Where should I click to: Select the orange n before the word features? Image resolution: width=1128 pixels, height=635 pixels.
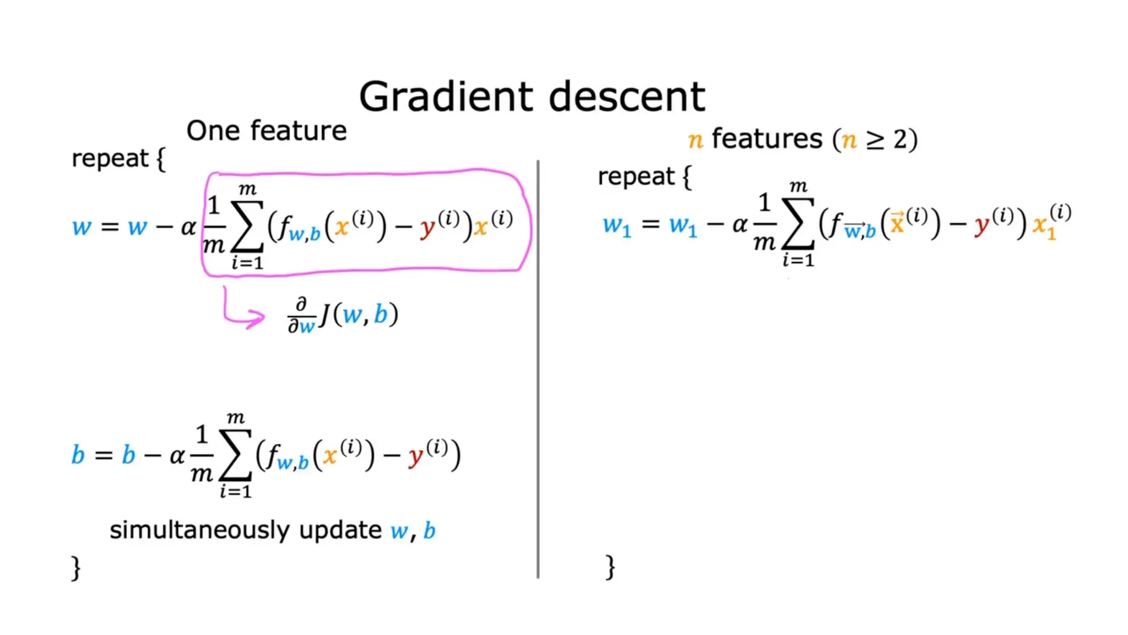(x=696, y=140)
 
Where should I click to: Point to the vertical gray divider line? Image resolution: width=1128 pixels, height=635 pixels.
(x=538, y=369)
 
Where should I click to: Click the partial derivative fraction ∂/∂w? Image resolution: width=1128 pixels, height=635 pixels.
(x=301, y=316)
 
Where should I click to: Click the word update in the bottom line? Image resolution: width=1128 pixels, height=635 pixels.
(x=340, y=530)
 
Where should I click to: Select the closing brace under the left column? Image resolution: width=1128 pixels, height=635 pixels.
(x=76, y=568)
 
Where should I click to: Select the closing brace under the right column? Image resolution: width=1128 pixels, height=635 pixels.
(x=610, y=567)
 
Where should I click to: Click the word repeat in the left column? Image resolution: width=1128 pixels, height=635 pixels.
(x=110, y=159)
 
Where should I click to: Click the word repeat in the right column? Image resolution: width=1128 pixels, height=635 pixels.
(x=636, y=177)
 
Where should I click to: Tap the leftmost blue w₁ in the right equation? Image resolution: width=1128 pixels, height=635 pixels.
(x=617, y=226)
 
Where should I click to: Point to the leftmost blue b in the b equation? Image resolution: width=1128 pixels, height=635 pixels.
(x=78, y=455)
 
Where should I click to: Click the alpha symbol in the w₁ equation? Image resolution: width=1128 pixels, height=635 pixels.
(x=740, y=224)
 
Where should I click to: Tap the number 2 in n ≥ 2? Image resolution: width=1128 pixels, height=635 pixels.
(x=900, y=140)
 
